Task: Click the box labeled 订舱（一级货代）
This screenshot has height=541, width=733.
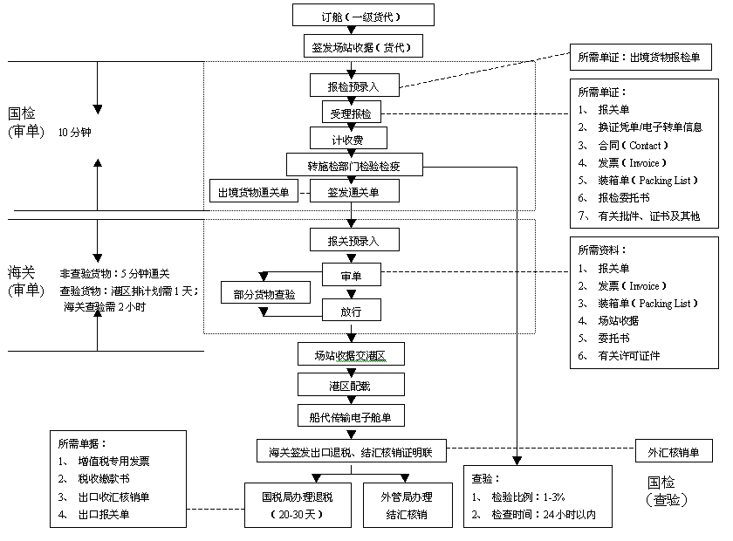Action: point(363,15)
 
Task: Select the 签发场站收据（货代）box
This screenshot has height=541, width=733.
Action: point(363,46)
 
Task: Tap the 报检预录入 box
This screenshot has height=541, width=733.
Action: point(354,86)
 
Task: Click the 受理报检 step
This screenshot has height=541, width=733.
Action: point(352,113)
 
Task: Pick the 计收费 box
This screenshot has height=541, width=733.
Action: point(348,139)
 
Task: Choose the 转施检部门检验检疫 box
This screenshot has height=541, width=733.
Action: point(354,165)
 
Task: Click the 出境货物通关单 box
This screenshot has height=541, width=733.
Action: point(254,191)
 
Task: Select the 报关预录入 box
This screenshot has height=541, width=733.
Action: point(354,240)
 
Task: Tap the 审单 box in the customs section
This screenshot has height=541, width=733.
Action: point(352,275)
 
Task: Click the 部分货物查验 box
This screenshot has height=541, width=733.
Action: point(265,292)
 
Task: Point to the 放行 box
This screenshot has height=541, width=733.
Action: point(352,310)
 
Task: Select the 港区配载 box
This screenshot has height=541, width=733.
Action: point(351,384)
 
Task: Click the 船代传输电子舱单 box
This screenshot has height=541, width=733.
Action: point(351,415)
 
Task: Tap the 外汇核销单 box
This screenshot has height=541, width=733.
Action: point(674,451)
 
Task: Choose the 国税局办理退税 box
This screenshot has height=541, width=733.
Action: point(298,505)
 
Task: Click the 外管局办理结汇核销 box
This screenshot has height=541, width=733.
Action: point(408,505)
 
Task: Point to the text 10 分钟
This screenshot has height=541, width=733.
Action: point(75,133)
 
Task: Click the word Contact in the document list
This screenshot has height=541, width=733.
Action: point(645,146)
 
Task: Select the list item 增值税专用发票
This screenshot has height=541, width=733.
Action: point(114,462)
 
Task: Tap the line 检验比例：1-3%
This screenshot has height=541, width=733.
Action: point(528,497)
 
